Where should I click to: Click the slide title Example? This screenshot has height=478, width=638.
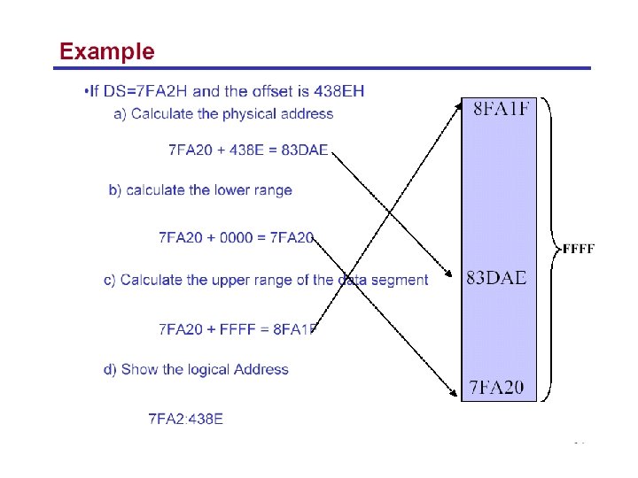click(106, 51)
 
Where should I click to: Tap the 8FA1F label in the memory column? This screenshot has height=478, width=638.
click(502, 110)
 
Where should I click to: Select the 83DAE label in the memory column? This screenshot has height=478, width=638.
click(496, 278)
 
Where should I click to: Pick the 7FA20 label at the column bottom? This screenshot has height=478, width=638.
click(496, 387)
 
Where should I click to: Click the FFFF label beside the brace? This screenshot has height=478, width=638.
click(579, 249)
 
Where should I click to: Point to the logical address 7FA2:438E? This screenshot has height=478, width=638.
click(186, 419)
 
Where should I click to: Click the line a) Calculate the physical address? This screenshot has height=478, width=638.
click(224, 114)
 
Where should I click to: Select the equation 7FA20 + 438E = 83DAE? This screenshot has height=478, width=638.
click(248, 150)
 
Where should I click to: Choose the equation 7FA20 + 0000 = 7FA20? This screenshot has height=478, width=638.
click(237, 237)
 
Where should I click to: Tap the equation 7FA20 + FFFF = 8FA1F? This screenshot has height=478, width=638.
click(238, 329)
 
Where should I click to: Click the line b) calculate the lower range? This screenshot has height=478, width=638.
click(200, 190)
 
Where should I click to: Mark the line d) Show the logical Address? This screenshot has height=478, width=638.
click(196, 370)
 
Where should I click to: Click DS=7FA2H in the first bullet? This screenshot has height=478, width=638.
click(144, 90)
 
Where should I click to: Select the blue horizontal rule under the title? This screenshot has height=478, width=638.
click(324, 68)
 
